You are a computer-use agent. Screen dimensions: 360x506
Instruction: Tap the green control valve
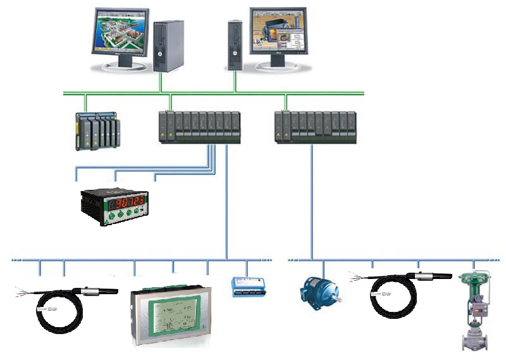point(475,310)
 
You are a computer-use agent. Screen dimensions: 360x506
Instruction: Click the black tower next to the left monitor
point(168,46)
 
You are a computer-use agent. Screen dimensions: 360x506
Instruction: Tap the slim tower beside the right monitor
point(235,45)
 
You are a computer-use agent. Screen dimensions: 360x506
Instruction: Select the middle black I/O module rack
point(199,127)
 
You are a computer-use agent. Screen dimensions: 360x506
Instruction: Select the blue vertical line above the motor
point(312,202)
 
